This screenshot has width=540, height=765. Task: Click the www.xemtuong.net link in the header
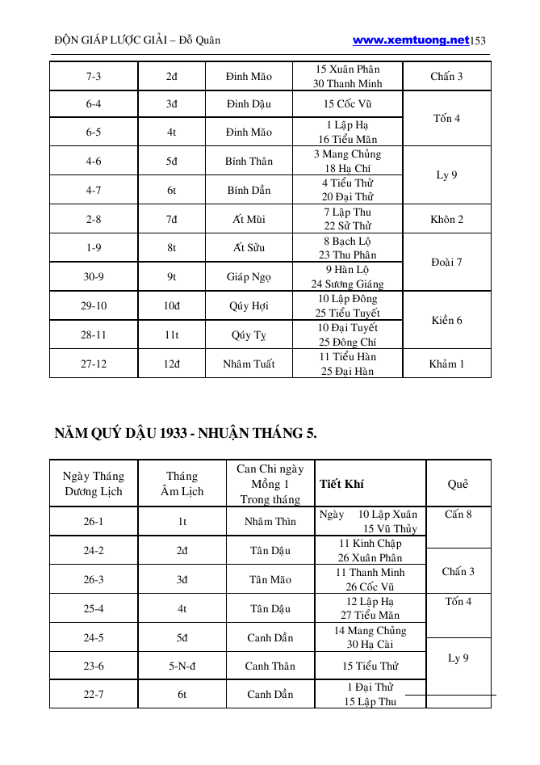411,40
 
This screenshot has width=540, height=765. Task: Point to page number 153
478,40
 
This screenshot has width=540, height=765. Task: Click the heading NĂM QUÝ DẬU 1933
186,434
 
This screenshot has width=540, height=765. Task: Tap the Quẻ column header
458,484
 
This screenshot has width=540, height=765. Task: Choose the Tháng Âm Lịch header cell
182,484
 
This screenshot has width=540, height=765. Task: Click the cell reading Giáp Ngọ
249,276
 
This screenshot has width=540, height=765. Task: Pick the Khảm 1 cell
446,364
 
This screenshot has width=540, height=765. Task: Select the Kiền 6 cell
446,321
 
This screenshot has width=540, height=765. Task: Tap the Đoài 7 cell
446,263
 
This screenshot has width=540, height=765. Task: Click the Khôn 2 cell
446,219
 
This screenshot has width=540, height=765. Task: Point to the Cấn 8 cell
458,514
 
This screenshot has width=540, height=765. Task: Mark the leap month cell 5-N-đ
182,666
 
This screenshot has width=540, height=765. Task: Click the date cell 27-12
94,364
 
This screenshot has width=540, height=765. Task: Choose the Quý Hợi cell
249,306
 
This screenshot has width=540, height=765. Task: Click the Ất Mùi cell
249,219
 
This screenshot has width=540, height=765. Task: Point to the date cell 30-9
94,276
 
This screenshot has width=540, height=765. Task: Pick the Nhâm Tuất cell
249,364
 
